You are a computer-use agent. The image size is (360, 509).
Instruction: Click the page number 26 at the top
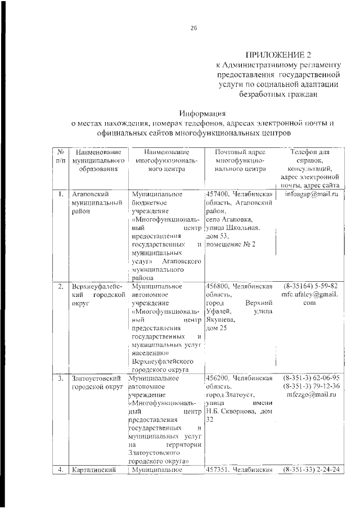point(193,29)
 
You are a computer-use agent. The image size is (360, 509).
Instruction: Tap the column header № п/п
point(60,156)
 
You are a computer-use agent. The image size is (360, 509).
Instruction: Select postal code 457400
point(218,195)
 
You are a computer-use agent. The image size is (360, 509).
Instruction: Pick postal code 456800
point(218,286)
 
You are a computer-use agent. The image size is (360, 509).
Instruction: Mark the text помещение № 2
point(231,244)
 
